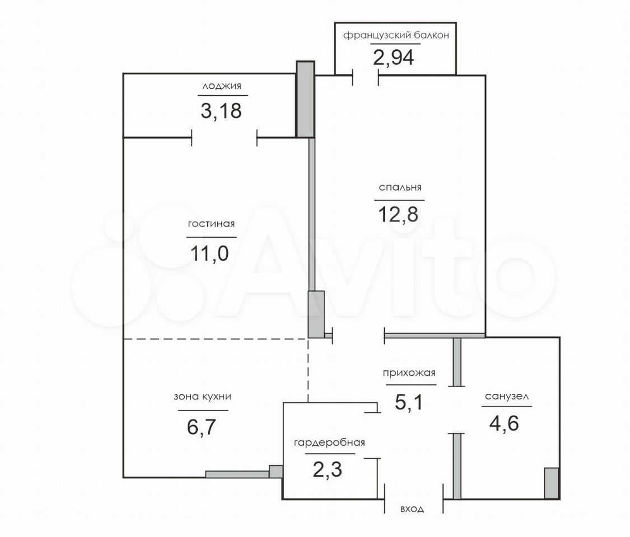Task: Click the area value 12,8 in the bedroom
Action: [x=398, y=214]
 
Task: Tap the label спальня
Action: [x=400, y=187]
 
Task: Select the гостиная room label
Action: [x=211, y=224]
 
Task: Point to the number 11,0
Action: [x=209, y=253]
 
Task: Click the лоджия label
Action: [x=222, y=86]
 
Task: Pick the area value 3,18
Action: [x=221, y=111]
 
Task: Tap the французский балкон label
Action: [x=396, y=35]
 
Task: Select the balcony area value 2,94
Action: [x=393, y=58]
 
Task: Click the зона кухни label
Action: [x=203, y=397]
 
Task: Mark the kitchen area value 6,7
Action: [x=202, y=427]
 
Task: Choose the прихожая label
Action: [x=409, y=373]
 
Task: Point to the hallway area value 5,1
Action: [x=409, y=402]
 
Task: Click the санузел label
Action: [x=507, y=397]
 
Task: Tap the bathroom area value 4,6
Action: [x=504, y=423]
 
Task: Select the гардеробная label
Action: [x=329, y=442]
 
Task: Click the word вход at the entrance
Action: [x=412, y=509]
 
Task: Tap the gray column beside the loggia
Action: [x=305, y=99]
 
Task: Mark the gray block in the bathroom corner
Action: [x=552, y=483]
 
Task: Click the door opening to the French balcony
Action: [x=366, y=76]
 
